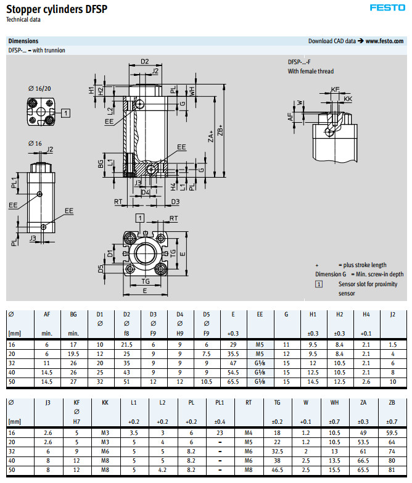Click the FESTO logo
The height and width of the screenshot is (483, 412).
387,8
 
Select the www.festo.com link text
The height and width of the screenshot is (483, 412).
385,41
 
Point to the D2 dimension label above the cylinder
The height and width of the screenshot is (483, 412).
144,62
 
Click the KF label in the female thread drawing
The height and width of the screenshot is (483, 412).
336,90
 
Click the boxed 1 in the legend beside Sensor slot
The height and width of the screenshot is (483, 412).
319,284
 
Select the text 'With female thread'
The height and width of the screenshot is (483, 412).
311,72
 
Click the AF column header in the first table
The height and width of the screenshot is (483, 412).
47,314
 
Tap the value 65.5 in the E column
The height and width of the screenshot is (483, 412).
233,382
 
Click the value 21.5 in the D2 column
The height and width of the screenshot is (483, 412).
126,345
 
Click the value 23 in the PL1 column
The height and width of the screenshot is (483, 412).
220,432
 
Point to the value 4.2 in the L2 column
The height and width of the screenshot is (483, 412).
162,469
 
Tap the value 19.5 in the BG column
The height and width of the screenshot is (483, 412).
73,354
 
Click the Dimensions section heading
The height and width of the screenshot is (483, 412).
23,41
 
